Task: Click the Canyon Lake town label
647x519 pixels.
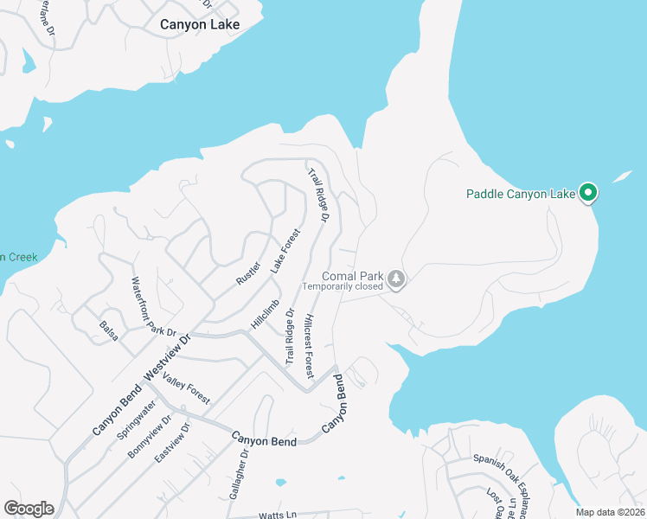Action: (200, 24)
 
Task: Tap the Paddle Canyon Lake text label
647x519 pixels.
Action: (521, 194)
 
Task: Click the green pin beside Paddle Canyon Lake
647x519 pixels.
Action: (588, 192)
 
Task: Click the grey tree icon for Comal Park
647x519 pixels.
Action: (396, 279)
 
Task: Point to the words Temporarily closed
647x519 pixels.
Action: (342, 286)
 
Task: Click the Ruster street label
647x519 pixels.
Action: (249, 273)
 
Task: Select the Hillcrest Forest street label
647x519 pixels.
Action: (308, 344)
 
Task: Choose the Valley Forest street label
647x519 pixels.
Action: (186, 390)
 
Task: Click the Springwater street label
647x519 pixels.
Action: (136, 420)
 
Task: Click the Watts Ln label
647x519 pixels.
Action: (277, 515)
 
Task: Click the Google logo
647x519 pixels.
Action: (29, 509)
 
